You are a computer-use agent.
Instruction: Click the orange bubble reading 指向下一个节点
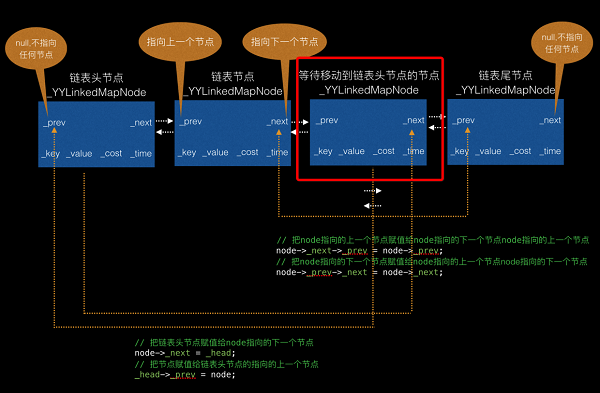point(282,42)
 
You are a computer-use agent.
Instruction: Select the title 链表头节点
point(98,76)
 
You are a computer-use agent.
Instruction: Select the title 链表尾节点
point(505,76)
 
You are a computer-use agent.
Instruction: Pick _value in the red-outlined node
point(351,151)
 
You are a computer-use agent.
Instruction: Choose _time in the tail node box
point(549,151)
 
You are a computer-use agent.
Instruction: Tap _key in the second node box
point(189,152)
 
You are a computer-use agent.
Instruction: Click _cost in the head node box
point(111,152)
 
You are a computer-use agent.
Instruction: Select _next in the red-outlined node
point(413,121)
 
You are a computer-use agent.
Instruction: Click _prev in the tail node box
point(463,121)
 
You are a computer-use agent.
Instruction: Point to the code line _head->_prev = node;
point(186,375)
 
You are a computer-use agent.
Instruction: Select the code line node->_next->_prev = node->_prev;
point(357,250)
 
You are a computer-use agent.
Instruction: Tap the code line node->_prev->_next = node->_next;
point(357,272)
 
